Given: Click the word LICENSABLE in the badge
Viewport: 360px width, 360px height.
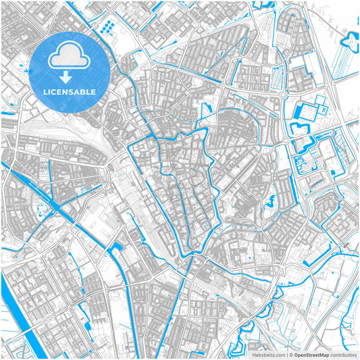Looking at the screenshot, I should (70, 91).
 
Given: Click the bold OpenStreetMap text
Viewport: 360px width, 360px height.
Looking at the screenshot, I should (311, 354).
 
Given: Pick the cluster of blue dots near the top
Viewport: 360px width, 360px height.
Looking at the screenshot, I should (107, 27).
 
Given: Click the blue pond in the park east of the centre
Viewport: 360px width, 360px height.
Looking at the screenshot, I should (270, 200).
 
